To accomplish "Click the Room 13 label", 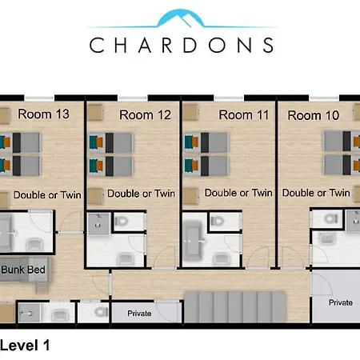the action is [x=43, y=114].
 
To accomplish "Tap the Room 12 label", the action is [x=145, y=115].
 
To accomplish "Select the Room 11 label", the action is [x=244, y=115].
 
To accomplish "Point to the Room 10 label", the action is [x=314, y=115].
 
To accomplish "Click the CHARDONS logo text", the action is [x=182, y=45].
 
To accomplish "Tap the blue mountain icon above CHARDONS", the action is [x=182, y=18].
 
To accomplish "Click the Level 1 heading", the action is [x=25, y=346].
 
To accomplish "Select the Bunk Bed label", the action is [x=23, y=270].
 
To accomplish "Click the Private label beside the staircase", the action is [x=139, y=314].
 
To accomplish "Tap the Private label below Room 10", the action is [x=341, y=302].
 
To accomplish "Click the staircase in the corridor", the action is [x=235, y=307].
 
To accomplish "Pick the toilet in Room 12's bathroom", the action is [x=122, y=221].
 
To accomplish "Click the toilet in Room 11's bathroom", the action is [x=218, y=221].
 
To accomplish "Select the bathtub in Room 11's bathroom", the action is [x=193, y=241].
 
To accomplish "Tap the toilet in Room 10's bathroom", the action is [x=330, y=219].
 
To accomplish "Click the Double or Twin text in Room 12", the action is [x=141, y=194].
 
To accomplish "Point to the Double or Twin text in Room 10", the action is [x=316, y=193].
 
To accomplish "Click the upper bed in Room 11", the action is [x=206, y=142].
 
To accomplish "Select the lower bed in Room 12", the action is [x=110, y=166].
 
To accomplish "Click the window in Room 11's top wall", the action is [x=229, y=98].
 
